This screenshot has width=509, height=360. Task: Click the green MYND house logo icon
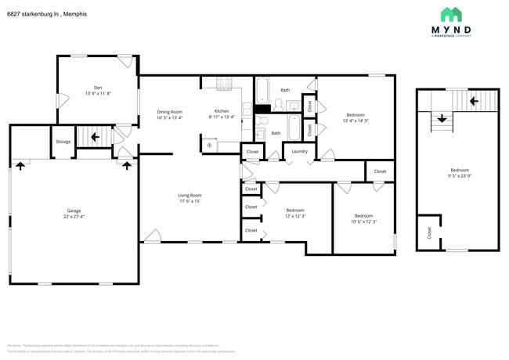coord(450,14)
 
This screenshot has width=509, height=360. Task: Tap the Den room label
coord(98,87)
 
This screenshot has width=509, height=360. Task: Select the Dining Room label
coord(170,111)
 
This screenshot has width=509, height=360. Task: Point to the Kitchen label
coord(222,111)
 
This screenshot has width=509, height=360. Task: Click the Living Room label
coord(190,195)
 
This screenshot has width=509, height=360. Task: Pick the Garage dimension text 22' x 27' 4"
coord(74,217)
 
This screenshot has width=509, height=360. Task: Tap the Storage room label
coord(63,142)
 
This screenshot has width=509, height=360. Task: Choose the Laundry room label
coord(299,151)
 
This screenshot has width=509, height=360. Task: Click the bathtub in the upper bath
coord(262,88)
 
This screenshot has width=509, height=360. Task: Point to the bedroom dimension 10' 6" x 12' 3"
coord(363,221)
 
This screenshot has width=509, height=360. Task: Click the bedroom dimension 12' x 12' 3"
coord(295,216)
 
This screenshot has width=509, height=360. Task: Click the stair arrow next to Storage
coord(95,136)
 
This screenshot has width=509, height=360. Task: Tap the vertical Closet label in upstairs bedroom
coord(429,232)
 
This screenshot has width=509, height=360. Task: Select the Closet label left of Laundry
coord(252,151)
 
